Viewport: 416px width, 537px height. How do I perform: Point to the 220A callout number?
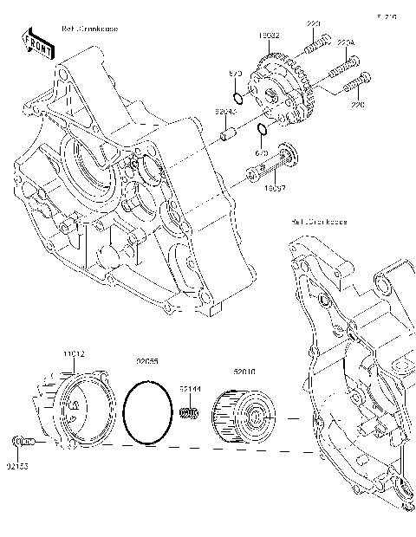coord(345,41)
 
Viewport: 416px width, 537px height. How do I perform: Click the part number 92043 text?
coord(225,112)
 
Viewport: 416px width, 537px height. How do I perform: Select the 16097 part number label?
coord(274,187)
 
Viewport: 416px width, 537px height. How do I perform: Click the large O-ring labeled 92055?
coord(147,411)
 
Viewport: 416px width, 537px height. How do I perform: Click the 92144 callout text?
coord(191,389)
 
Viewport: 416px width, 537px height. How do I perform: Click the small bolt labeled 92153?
coord(23,443)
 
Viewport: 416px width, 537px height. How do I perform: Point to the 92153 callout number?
coord(16,467)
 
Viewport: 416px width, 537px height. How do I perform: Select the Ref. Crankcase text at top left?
coord(91,29)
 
